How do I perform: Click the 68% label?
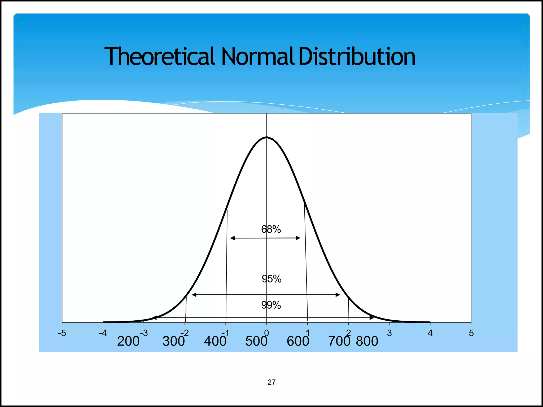(x=271, y=229)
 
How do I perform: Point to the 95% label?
(x=271, y=279)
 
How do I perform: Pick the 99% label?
(x=271, y=305)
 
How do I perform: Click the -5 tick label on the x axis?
(x=62, y=333)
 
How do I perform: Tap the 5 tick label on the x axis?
(x=471, y=333)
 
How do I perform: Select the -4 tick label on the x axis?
(x=103, y=333)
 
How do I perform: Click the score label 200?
(x=128, y=341)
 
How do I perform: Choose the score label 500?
(x=256, y=341)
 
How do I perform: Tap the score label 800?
(x=367, y=341)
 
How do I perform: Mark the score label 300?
(x=174, y=341)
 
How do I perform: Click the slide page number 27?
(x=271, y=382)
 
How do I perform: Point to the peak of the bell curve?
(x=267, y=137)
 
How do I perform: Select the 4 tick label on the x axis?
(x=430, y=333)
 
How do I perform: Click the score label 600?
(x=298, y=341)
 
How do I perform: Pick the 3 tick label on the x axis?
(x=389, y=333)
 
